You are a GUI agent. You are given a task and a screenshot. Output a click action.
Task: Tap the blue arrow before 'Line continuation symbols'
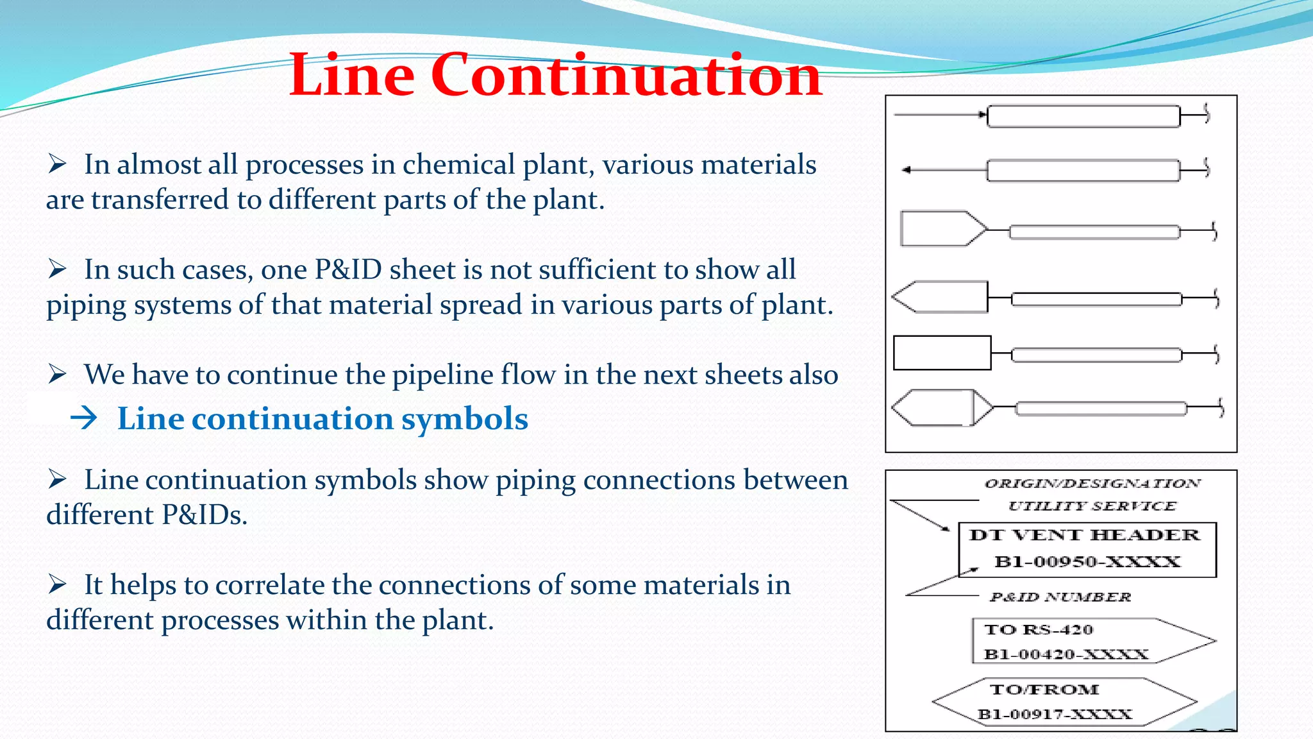tap(84, 418)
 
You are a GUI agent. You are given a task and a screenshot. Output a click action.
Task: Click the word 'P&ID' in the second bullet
tap(348, 270)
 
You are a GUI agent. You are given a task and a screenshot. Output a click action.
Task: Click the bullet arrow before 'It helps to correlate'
tap(57, 584)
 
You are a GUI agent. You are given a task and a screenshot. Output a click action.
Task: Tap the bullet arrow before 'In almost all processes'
tap(57, 164)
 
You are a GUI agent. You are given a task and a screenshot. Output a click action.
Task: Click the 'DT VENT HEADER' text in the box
tap(1084, 535)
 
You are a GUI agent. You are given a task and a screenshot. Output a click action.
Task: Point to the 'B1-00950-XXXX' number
tap(1087, 562)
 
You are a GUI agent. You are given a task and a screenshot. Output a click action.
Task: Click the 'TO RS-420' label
tap(1039, 629)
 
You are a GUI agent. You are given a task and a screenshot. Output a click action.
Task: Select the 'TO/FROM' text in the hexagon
tap(1044, 690)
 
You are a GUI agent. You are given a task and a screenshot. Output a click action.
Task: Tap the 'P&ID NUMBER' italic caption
tap(1060, 597)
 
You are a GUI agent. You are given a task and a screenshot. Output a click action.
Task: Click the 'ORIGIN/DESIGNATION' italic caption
tap(1092, 483)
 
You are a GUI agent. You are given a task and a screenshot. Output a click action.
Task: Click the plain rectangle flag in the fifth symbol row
tap(942, 353)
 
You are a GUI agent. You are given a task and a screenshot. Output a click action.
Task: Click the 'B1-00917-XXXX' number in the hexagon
tap(1055, 714)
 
